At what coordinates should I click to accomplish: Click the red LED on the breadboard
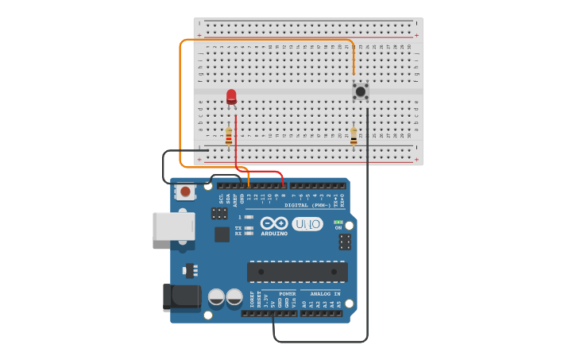click(x=231, y=97)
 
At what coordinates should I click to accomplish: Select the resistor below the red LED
click(x=229, y=137)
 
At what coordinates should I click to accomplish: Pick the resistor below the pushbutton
click(x=354, y=137)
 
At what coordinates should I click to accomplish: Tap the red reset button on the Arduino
click(x=186, y=192)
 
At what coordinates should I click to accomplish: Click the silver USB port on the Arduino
click(x=173, y=226)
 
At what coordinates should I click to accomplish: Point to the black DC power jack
click(x=180, y=296)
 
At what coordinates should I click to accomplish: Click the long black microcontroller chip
click(x=297, y=272)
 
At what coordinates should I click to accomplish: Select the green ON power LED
click(x=338, y=222)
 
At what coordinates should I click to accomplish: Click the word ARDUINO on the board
click(x=274, y=234)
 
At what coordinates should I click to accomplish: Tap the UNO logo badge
click(x=307, y=224)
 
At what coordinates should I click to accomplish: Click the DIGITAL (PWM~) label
click(x=311, y=205)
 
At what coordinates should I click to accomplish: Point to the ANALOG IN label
click(x=326, y=293)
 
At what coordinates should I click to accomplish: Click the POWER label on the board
click(x=287, y=293)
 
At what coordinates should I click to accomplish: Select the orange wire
click(x=180, y=103)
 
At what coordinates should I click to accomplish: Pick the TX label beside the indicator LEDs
click(x=238, y=228)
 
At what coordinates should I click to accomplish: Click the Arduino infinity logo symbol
click(x=274, y=223)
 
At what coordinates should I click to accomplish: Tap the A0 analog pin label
click(x=303, y=304)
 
